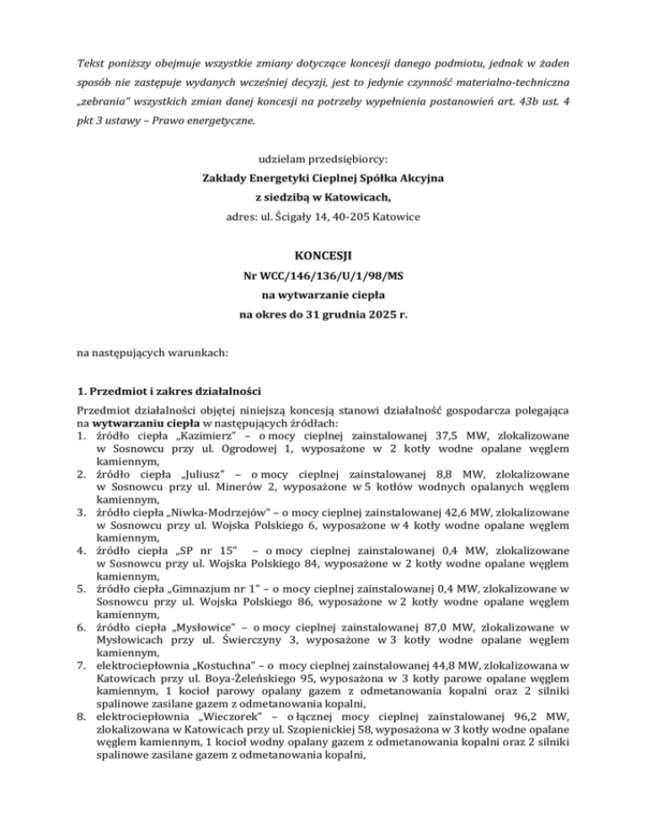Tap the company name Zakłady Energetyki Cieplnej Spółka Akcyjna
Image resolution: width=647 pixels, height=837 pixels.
tap(323, 178)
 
